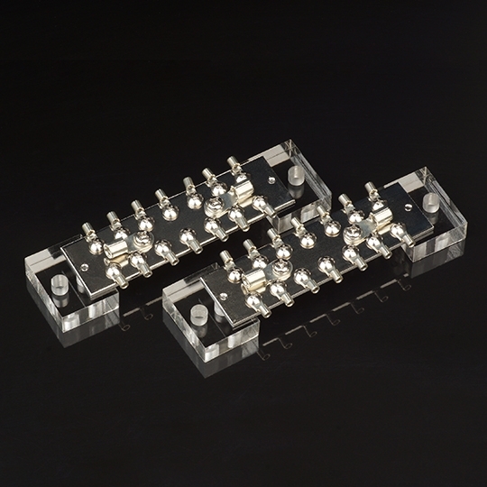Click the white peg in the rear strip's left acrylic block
pyautogui.click(x=60, y=289)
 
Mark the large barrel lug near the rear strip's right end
pyautogui.click(x=242, y=192)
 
